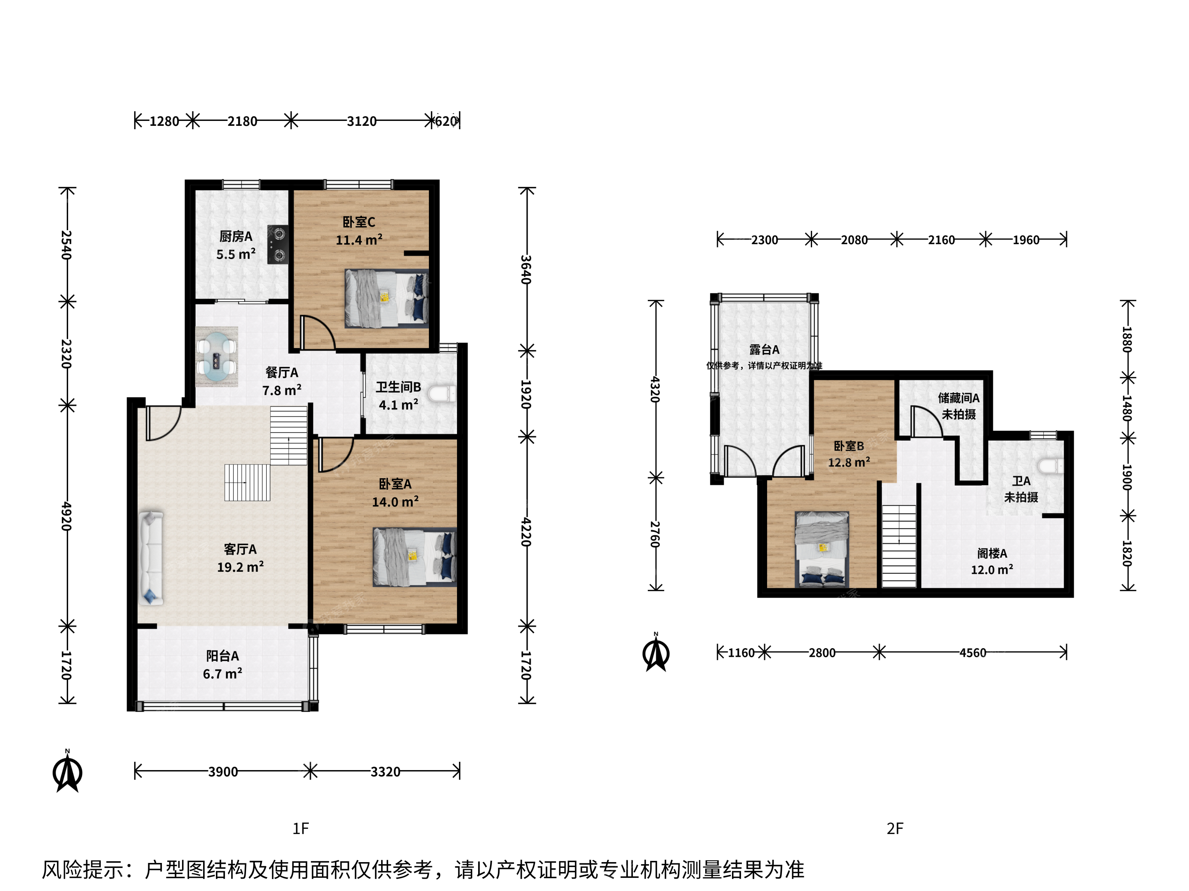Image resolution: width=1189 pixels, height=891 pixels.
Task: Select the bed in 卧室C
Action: tap(386, 298)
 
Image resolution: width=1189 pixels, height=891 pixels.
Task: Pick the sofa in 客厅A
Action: tap(151, 559)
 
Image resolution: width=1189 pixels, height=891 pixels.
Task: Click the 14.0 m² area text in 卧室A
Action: tap(395, 502)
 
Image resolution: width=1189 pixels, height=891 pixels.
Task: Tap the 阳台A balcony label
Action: tap(223, 656)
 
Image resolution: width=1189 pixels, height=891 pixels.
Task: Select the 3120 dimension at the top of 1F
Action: tap(361, 121)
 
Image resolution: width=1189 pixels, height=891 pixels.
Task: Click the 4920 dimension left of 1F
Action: tap(66, 516)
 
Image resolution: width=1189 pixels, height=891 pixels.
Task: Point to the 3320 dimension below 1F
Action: tap(386, 772)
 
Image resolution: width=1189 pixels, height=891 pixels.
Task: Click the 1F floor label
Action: tap(301, 829)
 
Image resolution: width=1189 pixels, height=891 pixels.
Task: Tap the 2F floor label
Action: tap(895, 829)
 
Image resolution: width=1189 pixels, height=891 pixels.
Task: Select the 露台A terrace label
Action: tap(764, 350)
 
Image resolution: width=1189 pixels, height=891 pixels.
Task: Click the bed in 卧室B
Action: tap(822, 549)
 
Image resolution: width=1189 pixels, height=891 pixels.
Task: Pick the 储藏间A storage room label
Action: tap(959, 398)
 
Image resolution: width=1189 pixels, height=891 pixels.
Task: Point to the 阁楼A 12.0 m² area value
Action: tap(992, 570)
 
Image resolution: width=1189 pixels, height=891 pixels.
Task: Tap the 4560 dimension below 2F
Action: tap(973, 653)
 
